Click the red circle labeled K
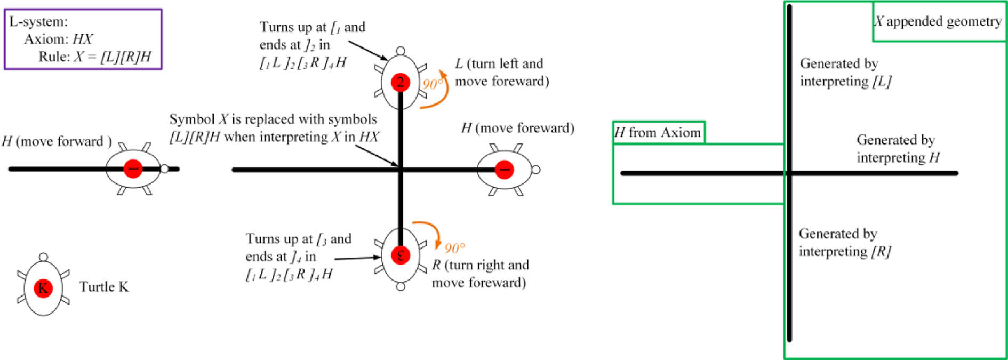click(x=43, y=288)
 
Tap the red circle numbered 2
click(x=401, y=82)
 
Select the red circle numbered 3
click(x=401, y=255)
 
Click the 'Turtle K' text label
click(x=104, y=287)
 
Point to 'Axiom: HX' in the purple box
click(x=58, y=39)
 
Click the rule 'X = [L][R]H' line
click(x=95, y=57)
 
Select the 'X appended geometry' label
click(x=938, y=21)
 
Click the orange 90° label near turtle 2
click(x=433, y=84)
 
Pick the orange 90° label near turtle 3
click(x=455, y=248)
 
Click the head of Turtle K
click(x=44, y=257)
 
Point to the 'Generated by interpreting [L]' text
click(x=846, y=73)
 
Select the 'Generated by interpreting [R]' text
click(x=845, y=243)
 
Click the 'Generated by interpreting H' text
click(x=898, y=149)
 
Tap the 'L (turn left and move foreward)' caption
click(x=502, y=73)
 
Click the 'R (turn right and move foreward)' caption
click(x=481, y=274)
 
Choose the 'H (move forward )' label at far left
click(x=57, y=141)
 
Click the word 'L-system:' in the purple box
click(x=38, y=22)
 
